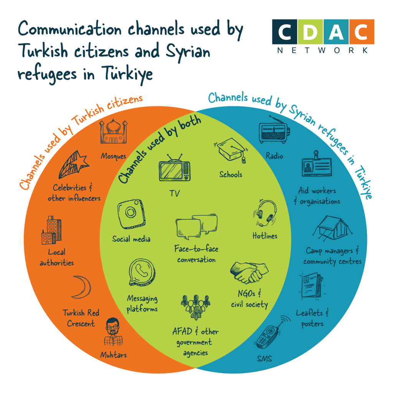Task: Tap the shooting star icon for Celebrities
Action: click(x=74, y=165)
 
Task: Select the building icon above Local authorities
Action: click(x=52, y=230)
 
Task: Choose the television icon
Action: click(x=175, y=168)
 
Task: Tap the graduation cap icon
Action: click(x=231, y=150)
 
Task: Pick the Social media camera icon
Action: click(x=131, y=214)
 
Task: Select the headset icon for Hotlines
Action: click(x=266, y=213)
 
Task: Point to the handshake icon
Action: click(x=249, y=272)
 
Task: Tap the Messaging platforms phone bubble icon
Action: click(x=142, y=272)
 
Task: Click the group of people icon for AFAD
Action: click(x=195, y=307)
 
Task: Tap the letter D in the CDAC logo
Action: click(x=310, y=32)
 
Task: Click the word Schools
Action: click(x=231, y=174)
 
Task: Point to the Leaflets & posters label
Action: click(x=312, y=318)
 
